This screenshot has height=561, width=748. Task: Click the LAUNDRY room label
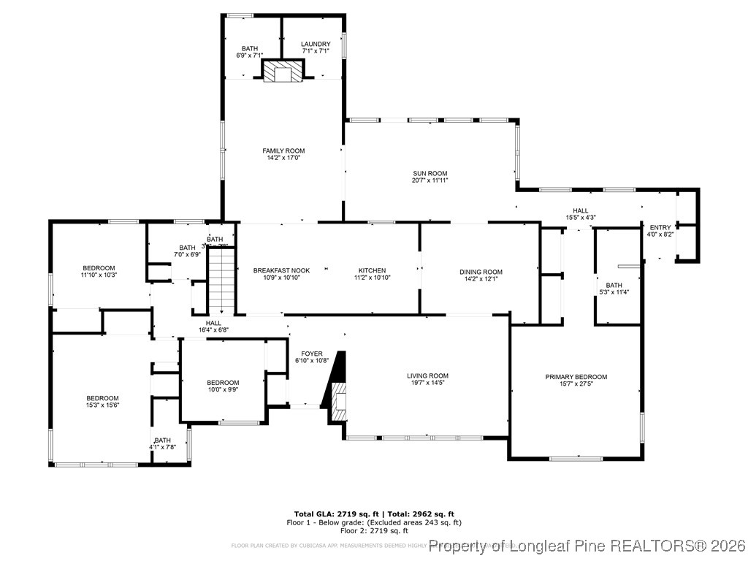(316, 44)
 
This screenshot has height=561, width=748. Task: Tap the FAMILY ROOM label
(283, 151)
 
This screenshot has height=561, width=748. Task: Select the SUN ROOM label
(430, 174)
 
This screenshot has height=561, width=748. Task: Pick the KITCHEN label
(372, 271)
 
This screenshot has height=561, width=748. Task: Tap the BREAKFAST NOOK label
(281, 271)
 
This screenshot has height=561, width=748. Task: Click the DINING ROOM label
(481, 272)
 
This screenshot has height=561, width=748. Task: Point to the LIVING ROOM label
(427, 376)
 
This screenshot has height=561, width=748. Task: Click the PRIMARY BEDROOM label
(576, 377)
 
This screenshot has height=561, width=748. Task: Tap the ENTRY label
(660, 228)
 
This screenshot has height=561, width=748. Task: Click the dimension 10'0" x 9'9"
(222, 389)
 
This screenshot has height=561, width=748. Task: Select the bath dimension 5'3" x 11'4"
(614, 292)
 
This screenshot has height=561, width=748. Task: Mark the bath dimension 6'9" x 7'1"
(249, 55)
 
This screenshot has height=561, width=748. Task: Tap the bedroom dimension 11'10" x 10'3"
(99, 275)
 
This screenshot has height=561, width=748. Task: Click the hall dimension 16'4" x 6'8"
(213, 329)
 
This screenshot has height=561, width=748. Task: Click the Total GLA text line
(374, 514)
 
